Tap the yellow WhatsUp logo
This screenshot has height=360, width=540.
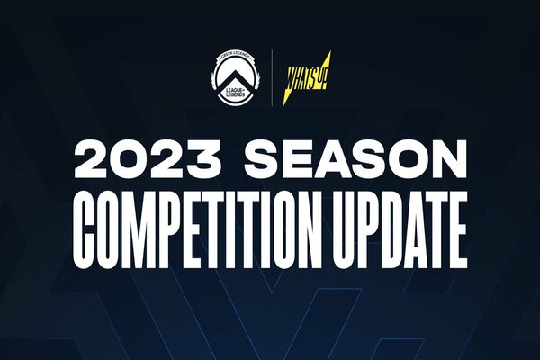pos(307,79)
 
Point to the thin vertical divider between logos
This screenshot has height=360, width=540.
pos(272,77)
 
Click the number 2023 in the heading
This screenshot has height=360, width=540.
pos(147,159)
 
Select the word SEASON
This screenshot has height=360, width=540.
pos(355,159)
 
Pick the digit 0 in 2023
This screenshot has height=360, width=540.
pos(130,159)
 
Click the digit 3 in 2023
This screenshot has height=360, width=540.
pos(202,159)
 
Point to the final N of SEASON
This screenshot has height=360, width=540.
pos(447,159)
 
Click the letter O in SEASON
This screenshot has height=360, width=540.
pos(405,159)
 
